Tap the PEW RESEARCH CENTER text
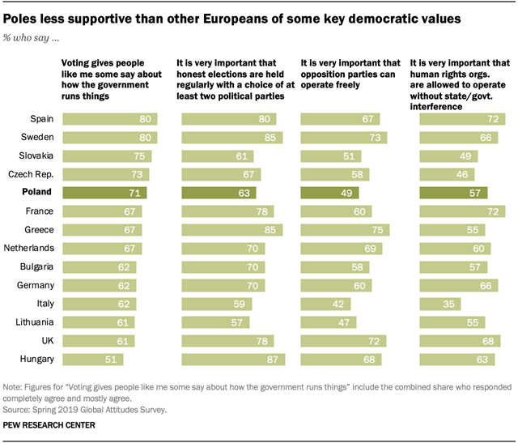tap(49, 424)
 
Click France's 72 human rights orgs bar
tap(461, 211)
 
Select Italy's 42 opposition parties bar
tap(325, 304)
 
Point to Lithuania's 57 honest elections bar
tap(214, 322)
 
